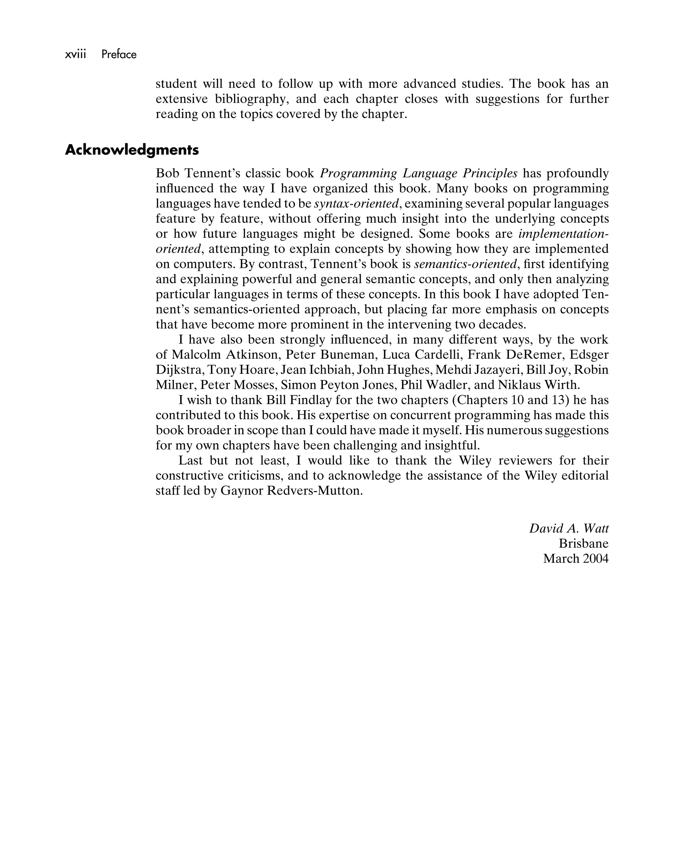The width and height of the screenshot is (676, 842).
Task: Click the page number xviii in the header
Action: tap(75, 54)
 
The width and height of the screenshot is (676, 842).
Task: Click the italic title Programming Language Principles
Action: tap(419, 173)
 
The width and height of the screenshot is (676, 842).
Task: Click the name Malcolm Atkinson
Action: tap(224, 355)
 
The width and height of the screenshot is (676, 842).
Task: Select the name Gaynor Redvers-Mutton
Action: tap(291, 491)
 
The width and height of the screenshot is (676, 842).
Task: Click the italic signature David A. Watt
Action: tap(568, 529)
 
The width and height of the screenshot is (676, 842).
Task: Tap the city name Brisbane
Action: tap(583, 544)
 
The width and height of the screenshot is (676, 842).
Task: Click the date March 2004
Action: tap(575, 559)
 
